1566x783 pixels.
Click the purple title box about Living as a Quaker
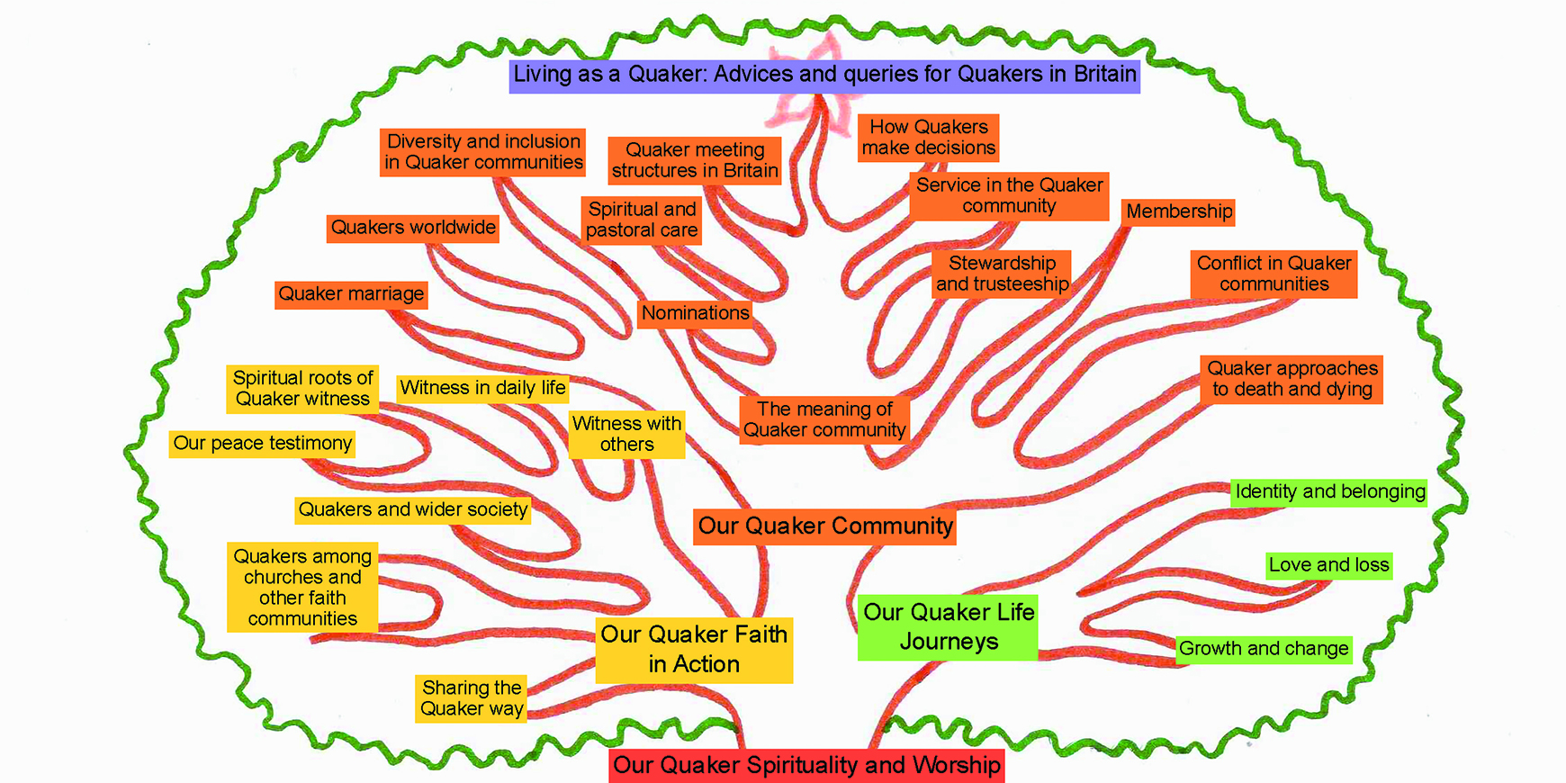pyautogui.click(x=824, y=75)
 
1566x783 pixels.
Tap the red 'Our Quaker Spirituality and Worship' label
pyautogui.click(x=806, y=766)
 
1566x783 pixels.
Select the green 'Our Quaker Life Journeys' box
pyautogui.click(x=949, y=627)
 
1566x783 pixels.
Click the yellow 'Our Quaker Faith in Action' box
pyautogui.click(x=694, y=650)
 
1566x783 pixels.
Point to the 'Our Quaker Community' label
pyautogui.click(x=824, y=526)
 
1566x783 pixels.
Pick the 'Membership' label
pyautogui.click(x=1179, y=211)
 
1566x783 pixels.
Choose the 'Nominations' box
pyautogui.click(x=695, y=313)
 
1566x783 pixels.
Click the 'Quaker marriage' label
pyautogui.click(x=350, y=294)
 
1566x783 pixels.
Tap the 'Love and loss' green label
pyautogui.click(x=1328, y=565)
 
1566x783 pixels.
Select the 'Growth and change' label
pyautogui.click(x=1264, y=649)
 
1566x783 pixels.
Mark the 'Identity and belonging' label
pyautogui.click(x=1329, y=491)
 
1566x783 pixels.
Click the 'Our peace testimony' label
pyautogui.click(x=262, y=444)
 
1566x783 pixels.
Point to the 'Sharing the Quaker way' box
pyautogui.click(x=472, y=698)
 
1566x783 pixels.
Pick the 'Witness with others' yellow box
pyautogui.click(x=626, y=435)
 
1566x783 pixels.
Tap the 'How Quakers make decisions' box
pyautogui.click(x=929, y=138)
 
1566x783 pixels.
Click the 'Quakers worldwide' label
pyautogui.click(x=413, y=228)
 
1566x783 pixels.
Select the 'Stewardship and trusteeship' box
pyautogui.click(x=1002, y=274)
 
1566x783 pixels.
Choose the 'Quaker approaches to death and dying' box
pyautogui.click(x=1291, y=379)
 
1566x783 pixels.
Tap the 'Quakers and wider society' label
pyautogui.click(x=413, y=510)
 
